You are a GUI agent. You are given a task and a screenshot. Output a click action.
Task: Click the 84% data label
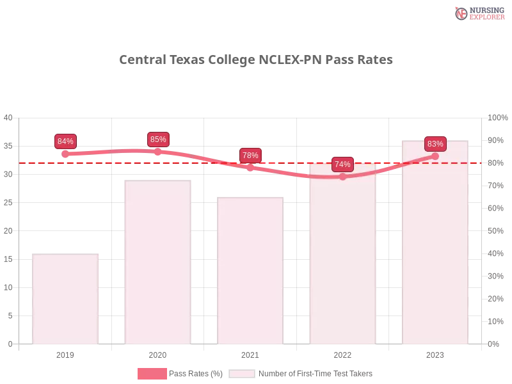pyautogui.click(x=65, y=141)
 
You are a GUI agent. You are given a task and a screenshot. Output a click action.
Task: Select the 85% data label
pyautogui.click(x=158, y=139)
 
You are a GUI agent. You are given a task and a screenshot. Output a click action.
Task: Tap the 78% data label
pyautogui.click(x=250, y=155)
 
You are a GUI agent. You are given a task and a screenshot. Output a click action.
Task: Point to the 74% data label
pyautogui.click(x=342, y=164)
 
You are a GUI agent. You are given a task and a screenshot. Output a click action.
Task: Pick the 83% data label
pyautogui.click(x=435, y=143)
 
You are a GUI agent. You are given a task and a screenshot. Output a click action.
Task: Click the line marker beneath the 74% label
pyautogui.click(x=342, y=177)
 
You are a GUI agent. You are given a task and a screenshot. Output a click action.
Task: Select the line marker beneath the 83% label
pyautogui.click(x=435, y=156)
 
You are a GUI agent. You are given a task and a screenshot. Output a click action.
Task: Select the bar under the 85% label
pyautogui.click(x=158, y=262)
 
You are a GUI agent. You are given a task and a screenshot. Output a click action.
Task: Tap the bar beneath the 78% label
pyautogui.click(x=250, y=270)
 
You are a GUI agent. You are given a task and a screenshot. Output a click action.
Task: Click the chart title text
pyautogui.click(x=255, y=60)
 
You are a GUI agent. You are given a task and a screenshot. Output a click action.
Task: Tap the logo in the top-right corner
pyautogui.click(x=478, y=13)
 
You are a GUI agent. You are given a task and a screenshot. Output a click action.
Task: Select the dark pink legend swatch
pyautogui.click(x=152, y=373)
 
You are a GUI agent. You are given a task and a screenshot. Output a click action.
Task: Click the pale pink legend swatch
pyautogui.click(x=241, y=373)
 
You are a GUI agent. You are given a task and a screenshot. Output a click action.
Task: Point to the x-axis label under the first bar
pyautogui.click(x=66, y=353)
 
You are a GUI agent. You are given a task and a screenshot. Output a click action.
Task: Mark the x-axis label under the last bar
pyautogui.click(x=435, y=353)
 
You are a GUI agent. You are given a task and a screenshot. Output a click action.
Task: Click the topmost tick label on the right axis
pyautogui.click(x=497, y=117)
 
